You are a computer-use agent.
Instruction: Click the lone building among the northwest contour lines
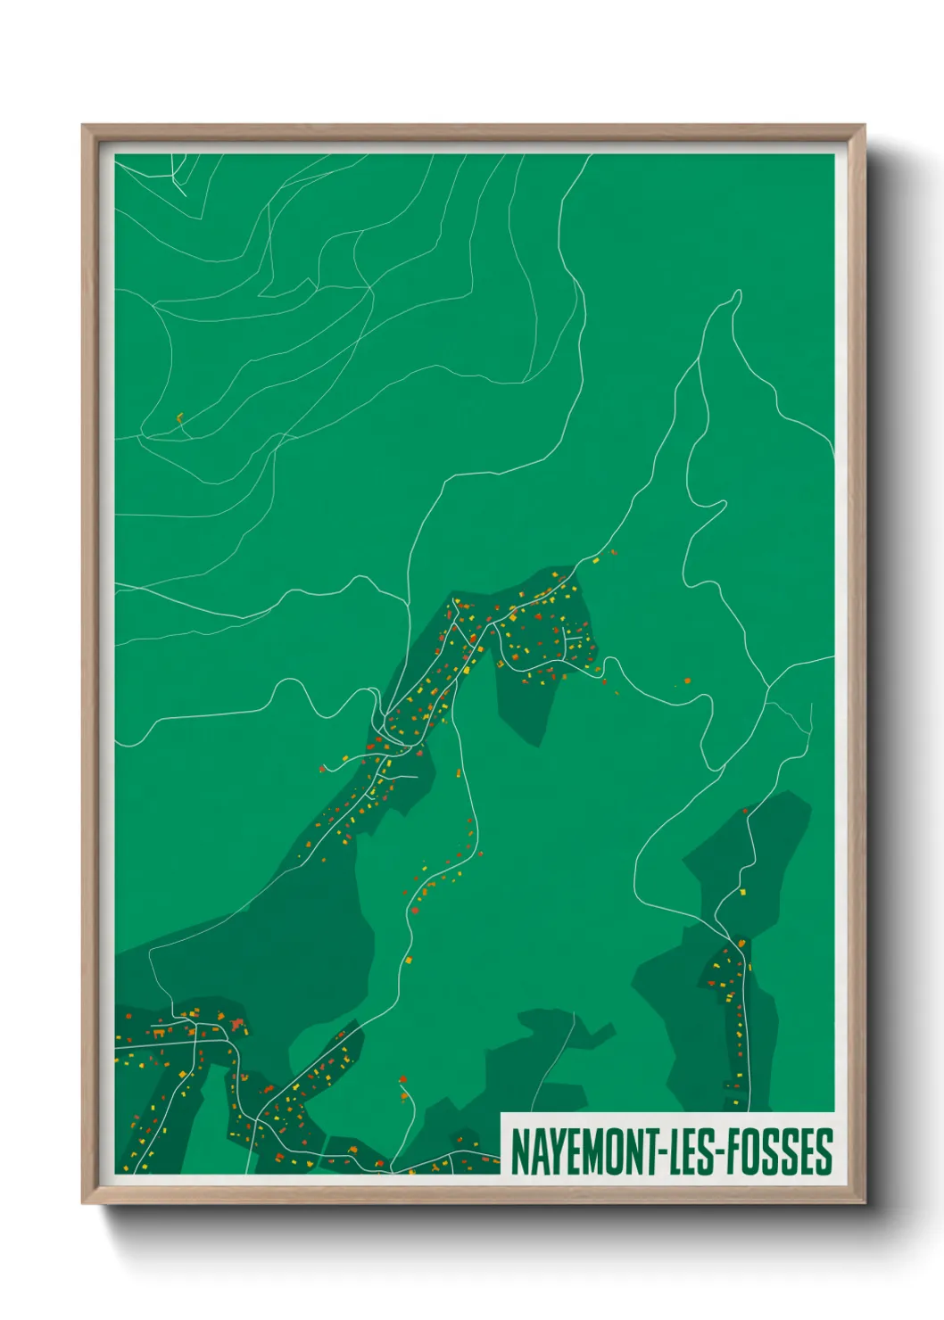pos(179,416)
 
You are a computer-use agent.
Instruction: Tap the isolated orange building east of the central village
pos(687,681)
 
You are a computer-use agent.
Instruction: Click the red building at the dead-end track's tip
pos(403,1080)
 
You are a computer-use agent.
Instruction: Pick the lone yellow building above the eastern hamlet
pos(739,890)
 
